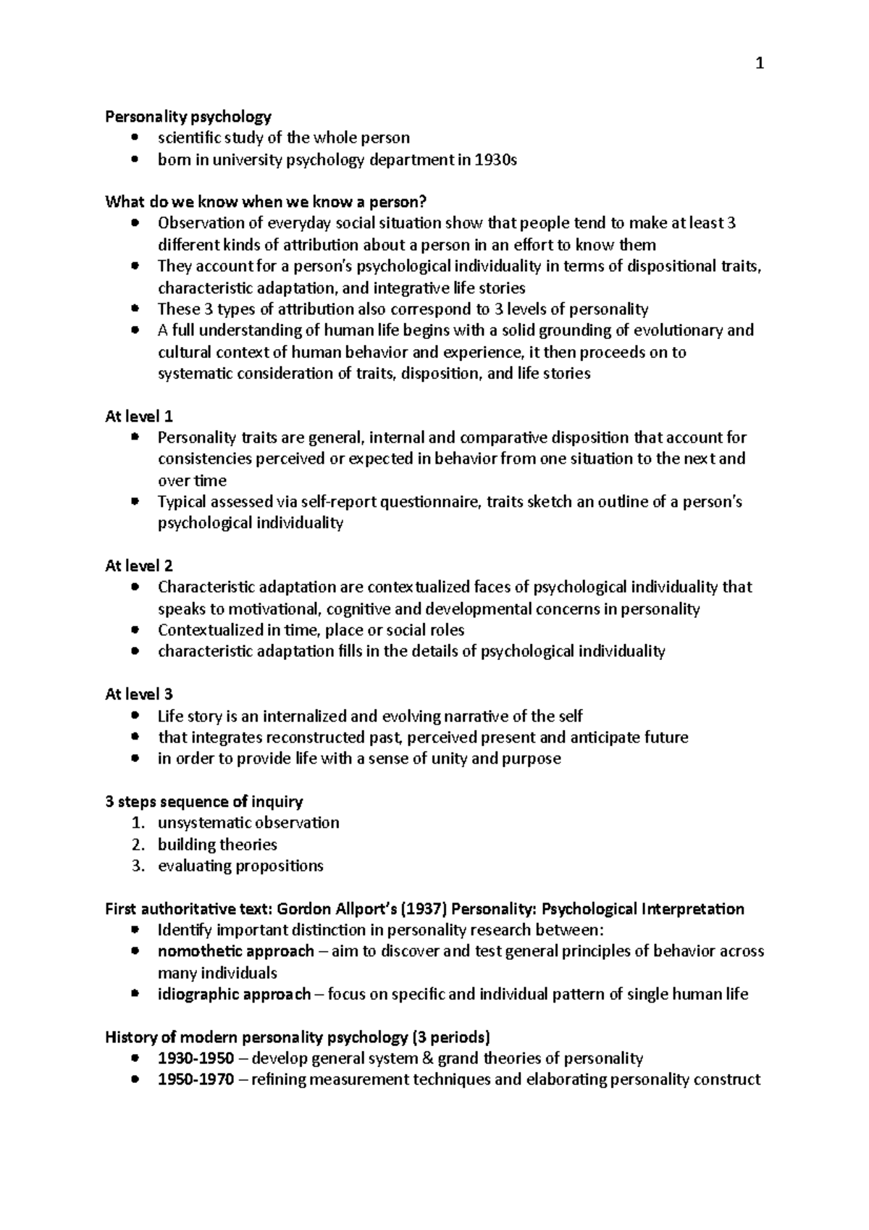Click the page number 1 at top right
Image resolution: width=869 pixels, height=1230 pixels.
(x=759, y=64)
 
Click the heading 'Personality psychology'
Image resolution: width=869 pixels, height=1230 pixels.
(x=188, y=116)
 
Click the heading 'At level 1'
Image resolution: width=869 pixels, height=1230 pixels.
(x=139, y=417)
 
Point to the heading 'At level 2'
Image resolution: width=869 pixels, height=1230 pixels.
(x=139, y=566)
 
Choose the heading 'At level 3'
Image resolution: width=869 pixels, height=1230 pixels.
(x=139, y=694)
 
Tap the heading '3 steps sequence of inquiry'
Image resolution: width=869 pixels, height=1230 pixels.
(x=204, y=801)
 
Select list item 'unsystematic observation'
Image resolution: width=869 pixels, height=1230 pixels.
(x=248, y=822)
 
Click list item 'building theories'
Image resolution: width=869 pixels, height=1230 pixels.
(x=217, y=844)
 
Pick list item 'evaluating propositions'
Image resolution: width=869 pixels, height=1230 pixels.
(x=240, y=866)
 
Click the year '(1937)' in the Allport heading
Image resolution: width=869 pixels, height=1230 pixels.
(x=424, y=908)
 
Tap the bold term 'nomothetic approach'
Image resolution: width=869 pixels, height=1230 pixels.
(x=236, y=951)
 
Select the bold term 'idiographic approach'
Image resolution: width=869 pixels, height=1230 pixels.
(x=235, y=994)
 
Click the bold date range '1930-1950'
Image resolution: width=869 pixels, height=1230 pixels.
(x=196, y=1058)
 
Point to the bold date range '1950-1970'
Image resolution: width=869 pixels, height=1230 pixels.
(x=196, y=1079)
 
